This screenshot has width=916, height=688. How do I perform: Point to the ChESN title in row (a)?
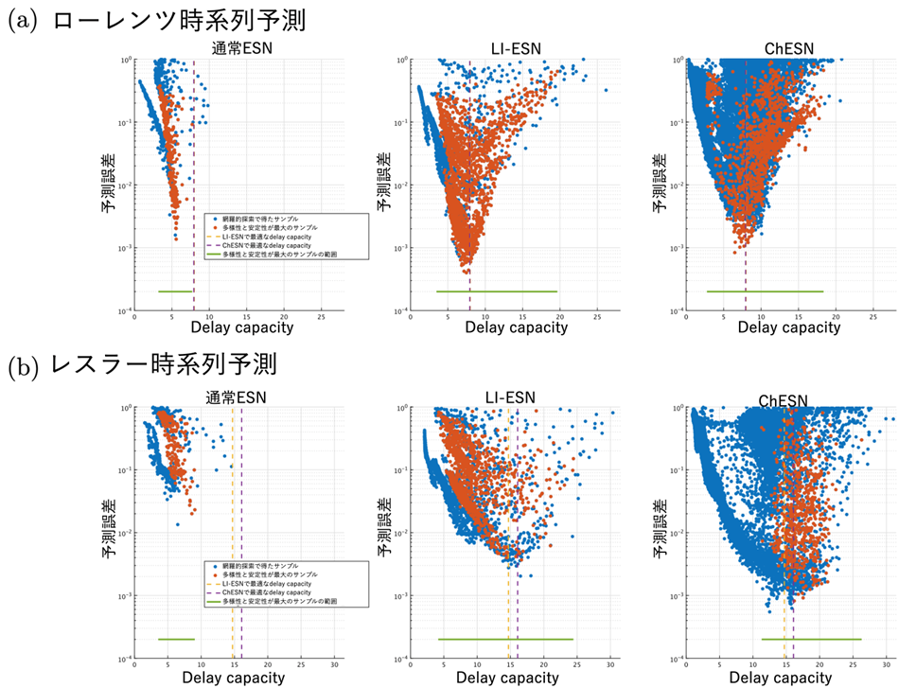tap(787, 49)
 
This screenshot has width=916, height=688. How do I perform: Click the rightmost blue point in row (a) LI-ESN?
tap(606, 91)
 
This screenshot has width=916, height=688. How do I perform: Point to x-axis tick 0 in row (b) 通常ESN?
tap(135, 666)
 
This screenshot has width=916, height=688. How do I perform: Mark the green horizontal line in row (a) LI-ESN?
tap(497, 291)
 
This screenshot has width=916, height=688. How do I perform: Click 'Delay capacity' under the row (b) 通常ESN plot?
tap(233, 678)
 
